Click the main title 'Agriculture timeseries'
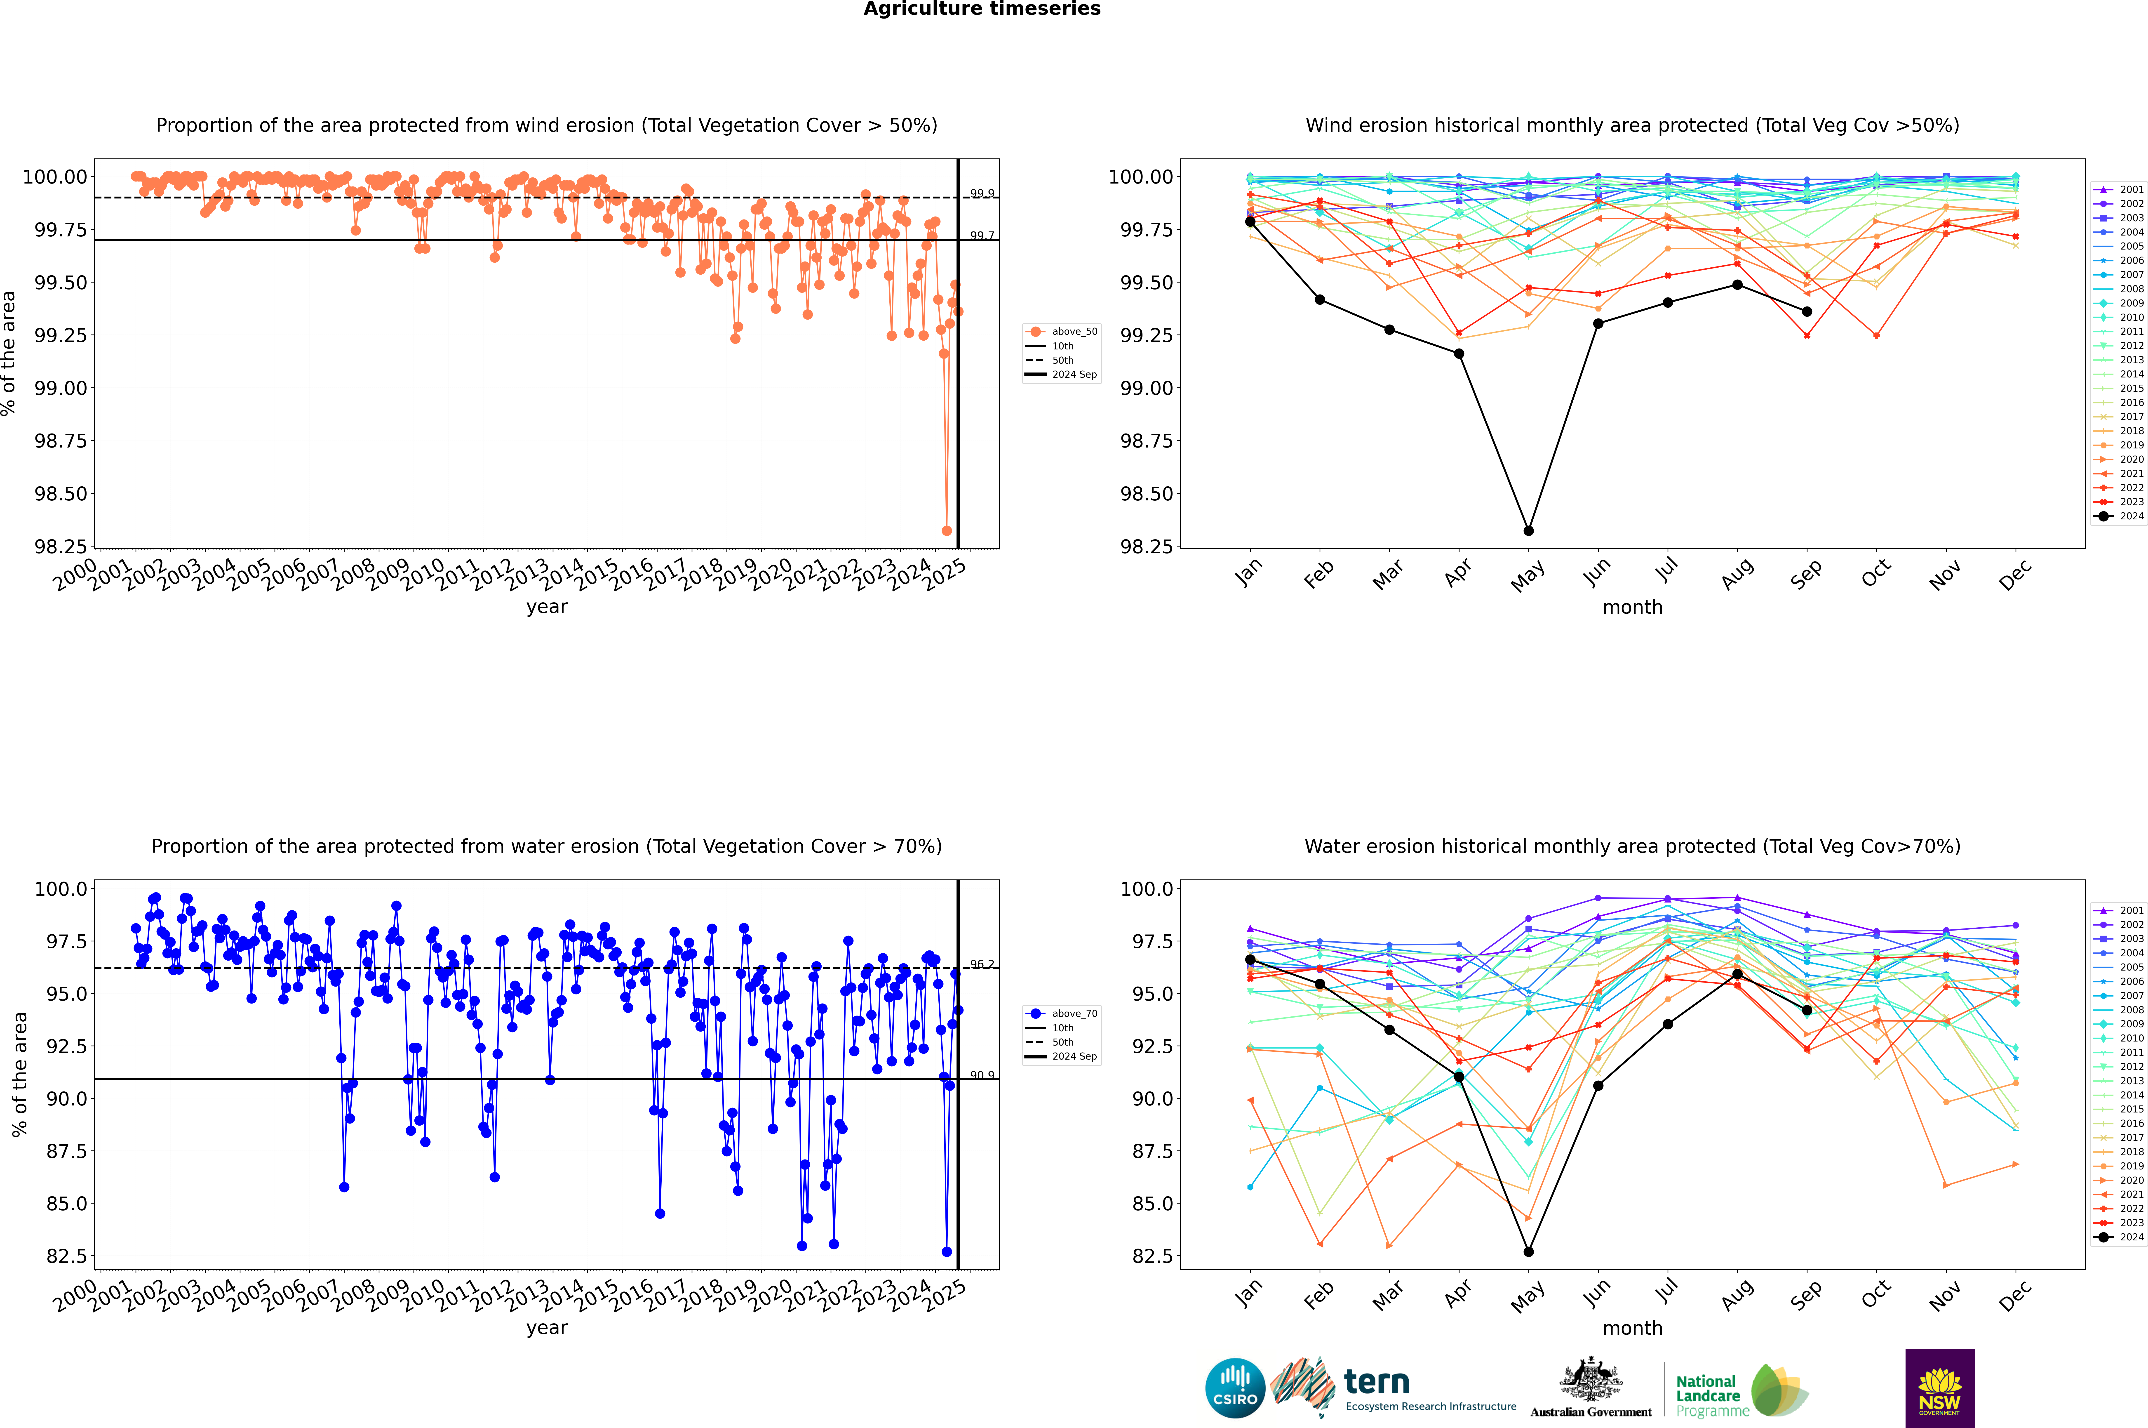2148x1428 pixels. pos(982,9)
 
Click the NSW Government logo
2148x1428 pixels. pos(1939,1388)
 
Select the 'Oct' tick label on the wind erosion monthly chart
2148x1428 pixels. pos(1876,574)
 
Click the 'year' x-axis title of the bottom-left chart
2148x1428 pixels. pos(546,1328)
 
